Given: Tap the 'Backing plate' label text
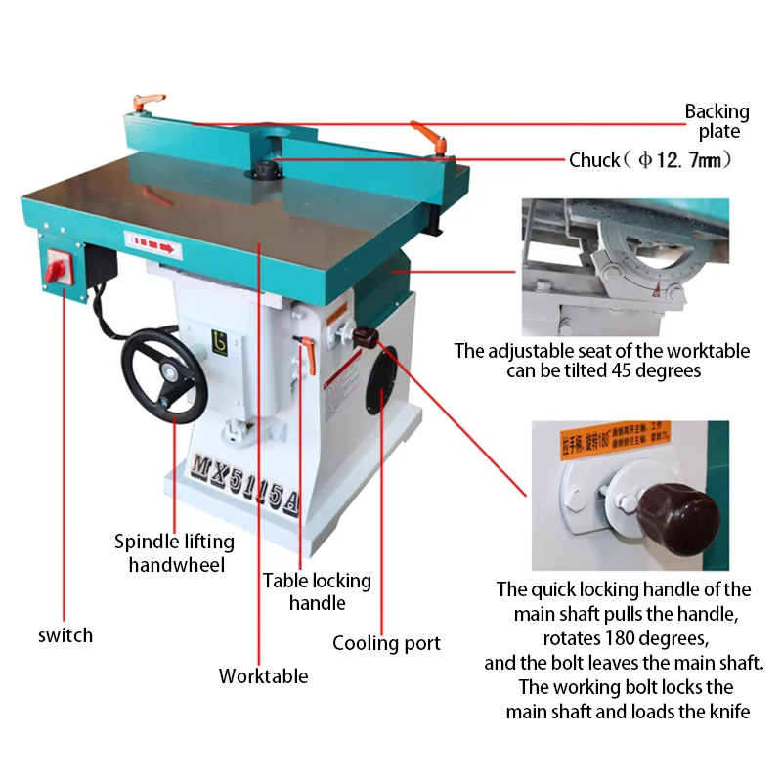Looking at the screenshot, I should [x=717, y=121].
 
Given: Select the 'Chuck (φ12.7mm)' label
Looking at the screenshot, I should [x=651, y=159].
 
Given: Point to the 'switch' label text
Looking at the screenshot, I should [x=65, y=635].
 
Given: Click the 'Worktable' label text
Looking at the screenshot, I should [x=263, y=675].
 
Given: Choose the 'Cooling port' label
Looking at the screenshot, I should [x=386, y=642].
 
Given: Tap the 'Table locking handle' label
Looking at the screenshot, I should [x=317, y=591].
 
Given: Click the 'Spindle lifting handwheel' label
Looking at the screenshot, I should [x=174, y=552].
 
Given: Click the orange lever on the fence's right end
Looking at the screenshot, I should [x=428, y=134].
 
